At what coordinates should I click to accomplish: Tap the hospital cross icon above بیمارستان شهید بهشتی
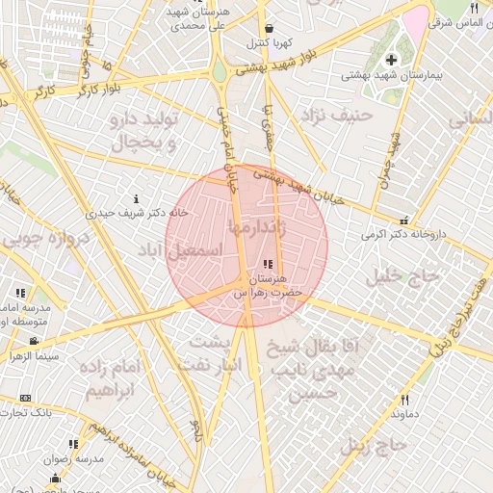pos(390,61)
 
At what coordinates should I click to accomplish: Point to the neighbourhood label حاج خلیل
pos(403,277)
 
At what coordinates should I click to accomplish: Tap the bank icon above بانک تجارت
pos(25,398)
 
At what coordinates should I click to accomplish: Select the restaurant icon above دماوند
pos(404,400)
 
